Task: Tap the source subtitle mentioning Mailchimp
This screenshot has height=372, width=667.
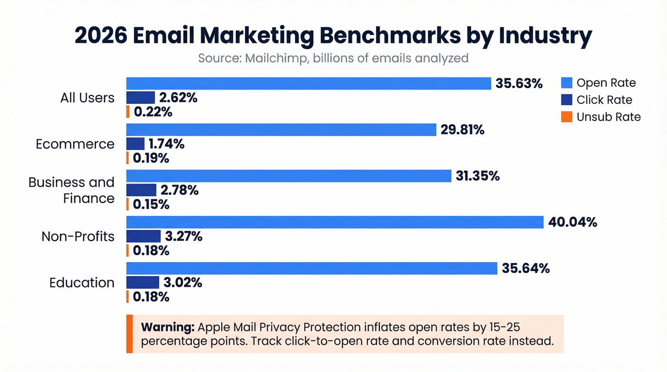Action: pos(333,59)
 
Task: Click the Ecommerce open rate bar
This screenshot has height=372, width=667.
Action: pos(281,130)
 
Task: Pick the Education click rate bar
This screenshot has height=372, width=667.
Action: pos(142,282)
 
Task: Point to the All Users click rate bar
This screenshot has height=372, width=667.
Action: pos(141,98)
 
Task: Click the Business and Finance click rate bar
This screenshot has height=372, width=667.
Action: pos(141,190)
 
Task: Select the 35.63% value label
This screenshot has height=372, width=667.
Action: pos(519,83)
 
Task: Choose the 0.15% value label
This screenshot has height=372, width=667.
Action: pos(151,204)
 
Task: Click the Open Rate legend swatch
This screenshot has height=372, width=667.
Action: pos(566,83)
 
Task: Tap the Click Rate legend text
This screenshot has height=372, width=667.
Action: pos(604,100)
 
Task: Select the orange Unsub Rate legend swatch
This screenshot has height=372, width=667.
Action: pos(566,117)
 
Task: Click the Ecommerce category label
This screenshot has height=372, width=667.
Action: pos(75,144)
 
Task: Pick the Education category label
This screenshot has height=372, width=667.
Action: pos(82,282)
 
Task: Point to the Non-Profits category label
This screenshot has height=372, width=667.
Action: pos(78,236)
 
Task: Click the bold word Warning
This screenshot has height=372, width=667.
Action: pos(168,328)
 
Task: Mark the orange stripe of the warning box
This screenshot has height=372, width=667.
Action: pos(129,334)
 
